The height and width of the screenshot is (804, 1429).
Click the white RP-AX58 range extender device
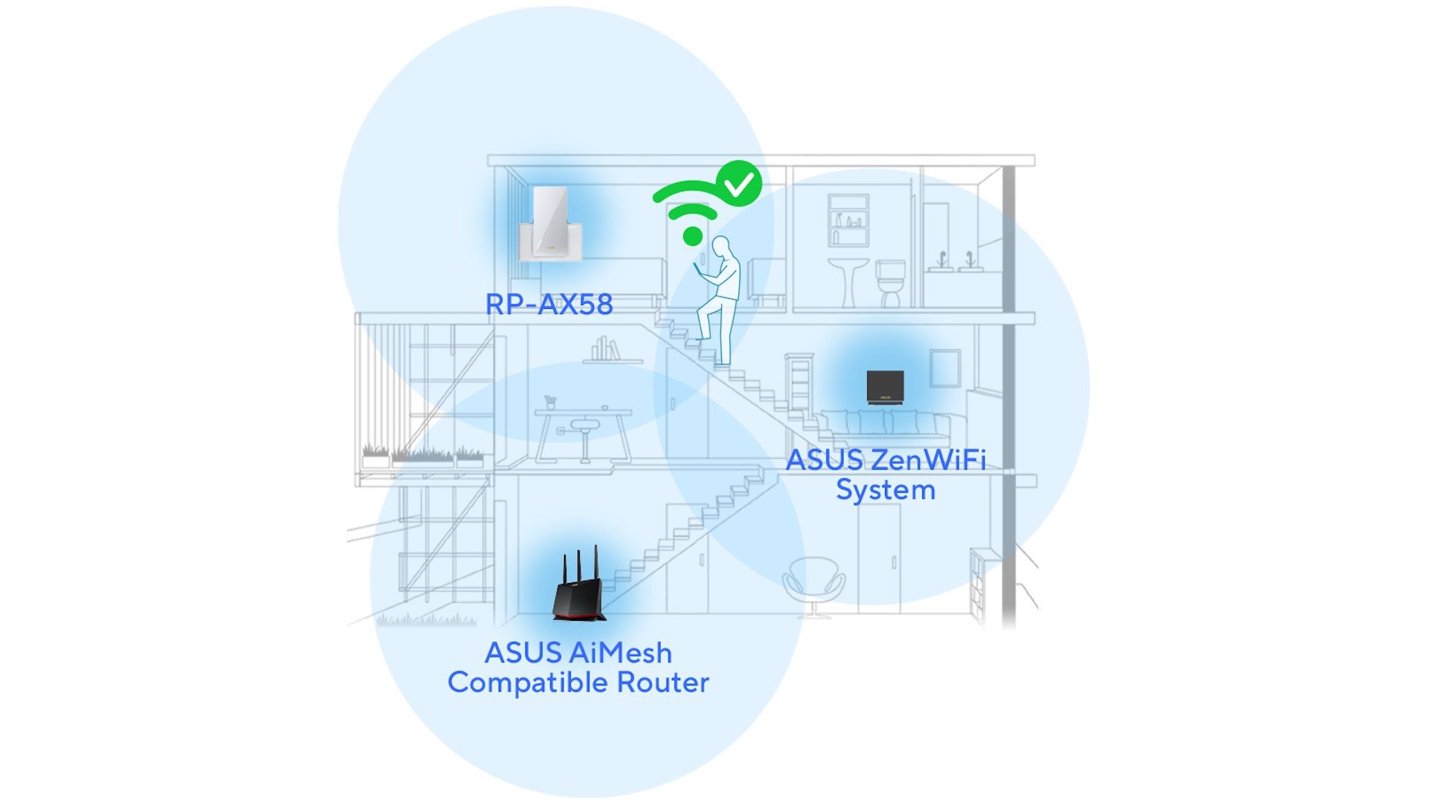point(550,223)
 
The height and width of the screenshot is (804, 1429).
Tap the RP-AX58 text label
point(549,304)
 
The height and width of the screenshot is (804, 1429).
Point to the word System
point(886,491)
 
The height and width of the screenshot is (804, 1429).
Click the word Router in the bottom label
point(663,683)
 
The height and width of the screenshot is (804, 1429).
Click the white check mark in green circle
point(739,183)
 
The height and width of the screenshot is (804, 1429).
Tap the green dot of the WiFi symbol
point(693,236)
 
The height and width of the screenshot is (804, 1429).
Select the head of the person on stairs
point(720,246)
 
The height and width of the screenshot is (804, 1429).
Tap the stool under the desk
point(584,439)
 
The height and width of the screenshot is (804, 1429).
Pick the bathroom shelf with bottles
point(848,220)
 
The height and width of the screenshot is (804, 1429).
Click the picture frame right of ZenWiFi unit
point(945,368)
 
